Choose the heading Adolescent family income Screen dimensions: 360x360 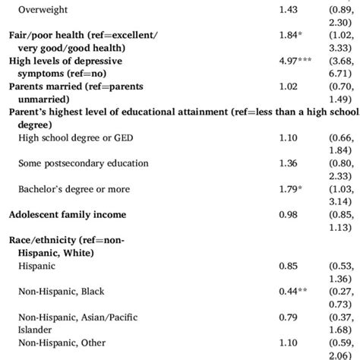click(x=68, y=215)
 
